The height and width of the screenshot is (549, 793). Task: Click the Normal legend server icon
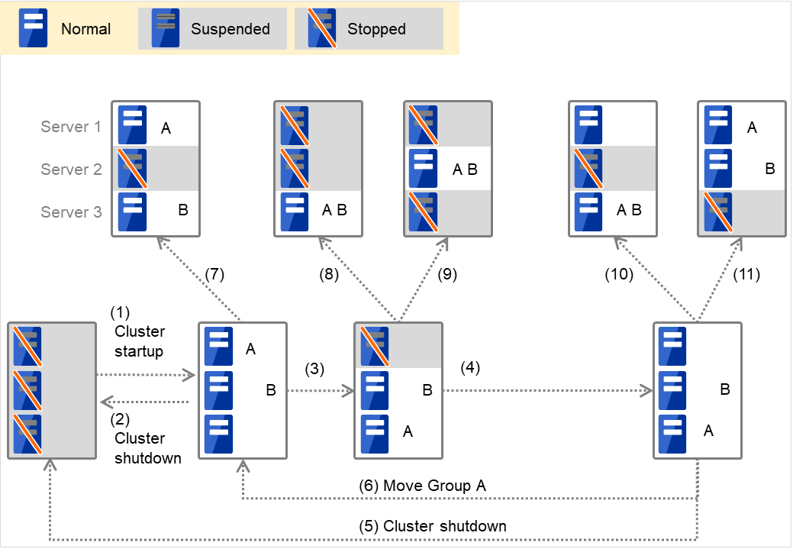tap(33, 28)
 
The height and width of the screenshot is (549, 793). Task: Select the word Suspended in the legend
tap(230, 30)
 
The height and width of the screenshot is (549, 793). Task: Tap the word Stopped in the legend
tap(376, 30)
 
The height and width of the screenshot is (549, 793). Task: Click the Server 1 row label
tap(71, 127)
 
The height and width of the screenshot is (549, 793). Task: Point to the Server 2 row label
tap(71, 170)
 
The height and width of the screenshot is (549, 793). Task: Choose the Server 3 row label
tap(71, 212)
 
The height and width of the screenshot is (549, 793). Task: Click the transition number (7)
tap(216, 274)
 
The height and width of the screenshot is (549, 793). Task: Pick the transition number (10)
tap(619, 274)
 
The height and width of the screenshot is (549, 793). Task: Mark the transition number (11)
tap(746, 274)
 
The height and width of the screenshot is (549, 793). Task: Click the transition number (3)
tap(315, 369)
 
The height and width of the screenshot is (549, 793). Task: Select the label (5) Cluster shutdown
tap(433, 526)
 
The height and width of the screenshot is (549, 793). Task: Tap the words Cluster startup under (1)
tap(140, 343)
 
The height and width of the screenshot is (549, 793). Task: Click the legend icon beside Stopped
tap(322, 28)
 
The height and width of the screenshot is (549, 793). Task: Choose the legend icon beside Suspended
tap(166, 28)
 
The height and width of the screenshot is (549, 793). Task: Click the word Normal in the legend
tap(86, 30)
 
